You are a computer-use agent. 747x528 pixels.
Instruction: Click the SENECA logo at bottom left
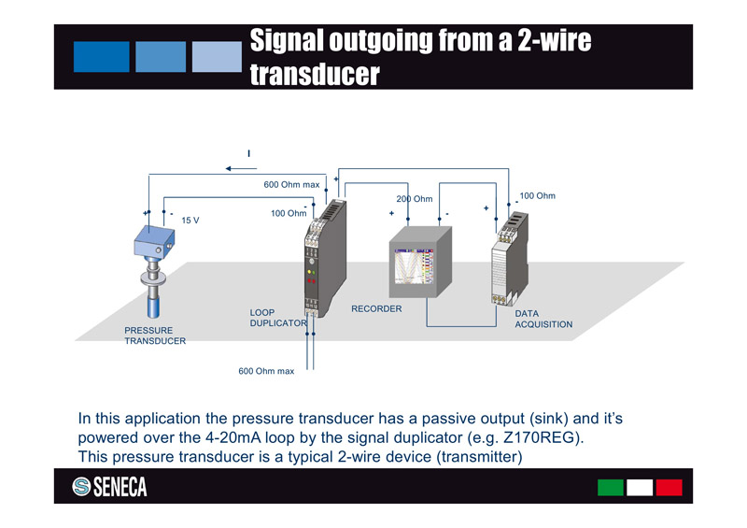109,487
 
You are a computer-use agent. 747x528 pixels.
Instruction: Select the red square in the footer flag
669,487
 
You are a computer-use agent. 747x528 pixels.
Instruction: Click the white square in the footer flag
640,487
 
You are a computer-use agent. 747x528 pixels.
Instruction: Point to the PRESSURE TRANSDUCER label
154,335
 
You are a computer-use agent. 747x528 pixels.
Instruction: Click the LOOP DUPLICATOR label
277,318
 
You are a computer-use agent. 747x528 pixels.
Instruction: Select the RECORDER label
376,308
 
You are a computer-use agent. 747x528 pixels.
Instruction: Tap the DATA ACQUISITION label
543,319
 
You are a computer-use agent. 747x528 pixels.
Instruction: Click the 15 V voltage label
190,221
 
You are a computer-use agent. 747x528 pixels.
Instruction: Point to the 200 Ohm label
414,199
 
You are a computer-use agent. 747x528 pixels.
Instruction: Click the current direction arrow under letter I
241,169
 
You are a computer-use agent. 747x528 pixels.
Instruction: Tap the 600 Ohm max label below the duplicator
266,371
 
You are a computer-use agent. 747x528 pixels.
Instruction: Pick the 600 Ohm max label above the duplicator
291,185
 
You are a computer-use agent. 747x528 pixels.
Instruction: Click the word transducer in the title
315,74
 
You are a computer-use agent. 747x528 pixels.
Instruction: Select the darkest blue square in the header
101,56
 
